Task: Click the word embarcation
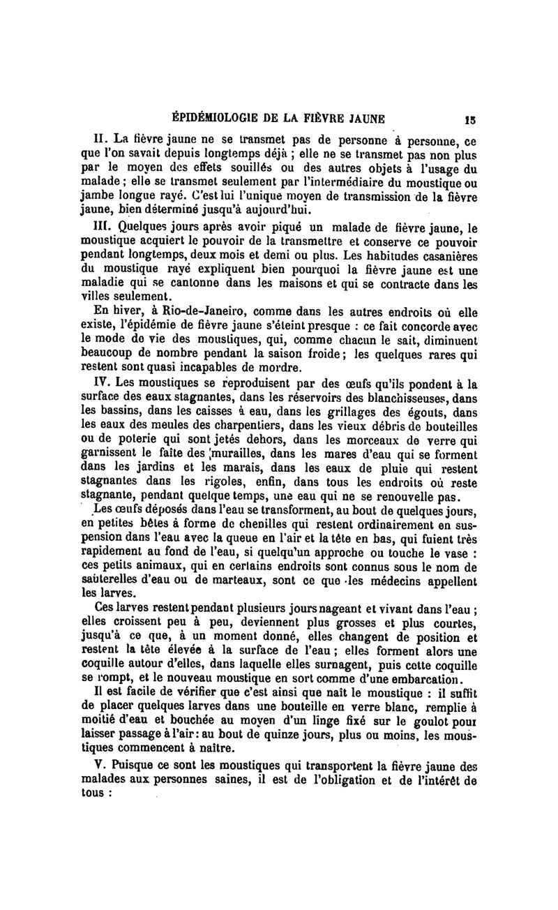[x=425, y=679]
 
